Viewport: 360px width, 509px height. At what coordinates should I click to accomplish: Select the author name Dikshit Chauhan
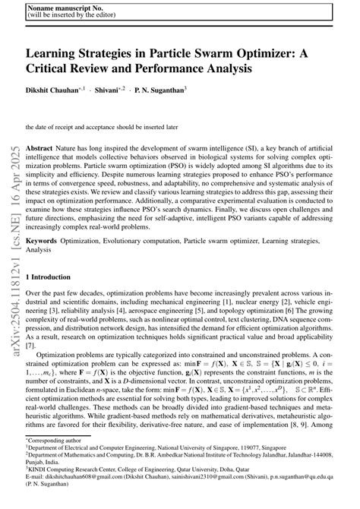tap(53, 90)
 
